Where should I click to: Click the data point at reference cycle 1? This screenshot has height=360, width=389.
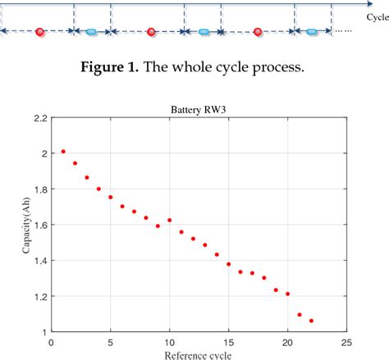(x=63, y=152)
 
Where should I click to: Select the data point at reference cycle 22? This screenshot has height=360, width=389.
(x=311, y=321)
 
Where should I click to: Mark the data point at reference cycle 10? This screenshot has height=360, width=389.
(x=170, y=220)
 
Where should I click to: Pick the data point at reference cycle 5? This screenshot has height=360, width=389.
(x=111, y=197)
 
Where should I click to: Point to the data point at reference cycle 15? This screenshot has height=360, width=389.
(x=228, y=264)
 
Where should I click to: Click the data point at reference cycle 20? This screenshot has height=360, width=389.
(x=287, y=293)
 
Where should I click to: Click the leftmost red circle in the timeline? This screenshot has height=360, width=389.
(x=40, y=32)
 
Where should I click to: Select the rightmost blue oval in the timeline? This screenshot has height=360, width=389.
(x=312, y=32)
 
